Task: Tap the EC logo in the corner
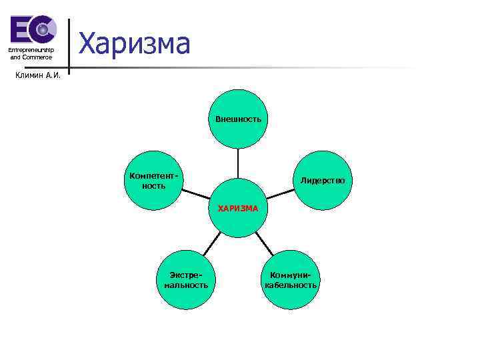coord(32,30)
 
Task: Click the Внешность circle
coord(238,119)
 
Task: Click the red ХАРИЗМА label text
coord(238,208)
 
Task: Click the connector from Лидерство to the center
coord(279,195)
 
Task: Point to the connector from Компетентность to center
coord(196,194)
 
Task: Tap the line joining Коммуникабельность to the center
coord(265,243)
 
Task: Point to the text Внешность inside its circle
coord(238,119)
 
